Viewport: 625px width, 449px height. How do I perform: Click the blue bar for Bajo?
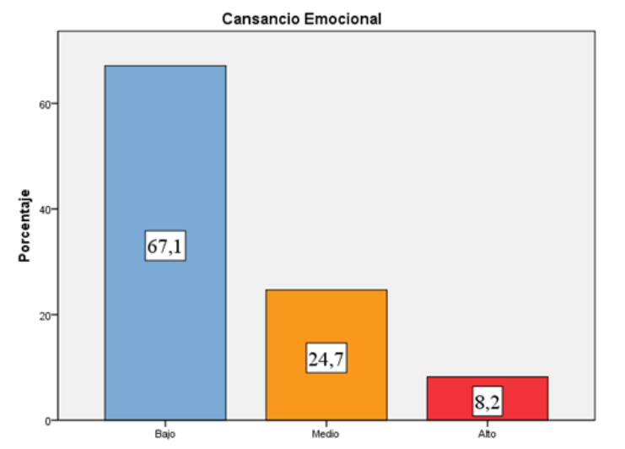coord(164,152)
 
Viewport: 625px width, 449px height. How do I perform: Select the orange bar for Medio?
coord(326,321)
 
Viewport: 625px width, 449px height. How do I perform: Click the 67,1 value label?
coord(164,247)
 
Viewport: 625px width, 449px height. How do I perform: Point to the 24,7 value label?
coord(326,360)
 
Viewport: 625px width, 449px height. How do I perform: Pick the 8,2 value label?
coord(488,403)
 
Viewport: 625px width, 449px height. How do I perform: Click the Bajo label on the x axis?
coord(164,433)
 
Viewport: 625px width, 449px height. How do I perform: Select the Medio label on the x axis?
coord(326,433)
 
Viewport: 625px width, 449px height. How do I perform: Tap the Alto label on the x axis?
coord(488,433)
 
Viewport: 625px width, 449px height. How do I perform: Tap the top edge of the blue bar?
coord(164,66)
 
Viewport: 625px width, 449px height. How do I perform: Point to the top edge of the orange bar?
coord(326,290)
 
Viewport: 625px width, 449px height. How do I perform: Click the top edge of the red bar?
coord(488,377)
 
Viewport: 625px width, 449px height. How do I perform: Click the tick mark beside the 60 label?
coord(55,104)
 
